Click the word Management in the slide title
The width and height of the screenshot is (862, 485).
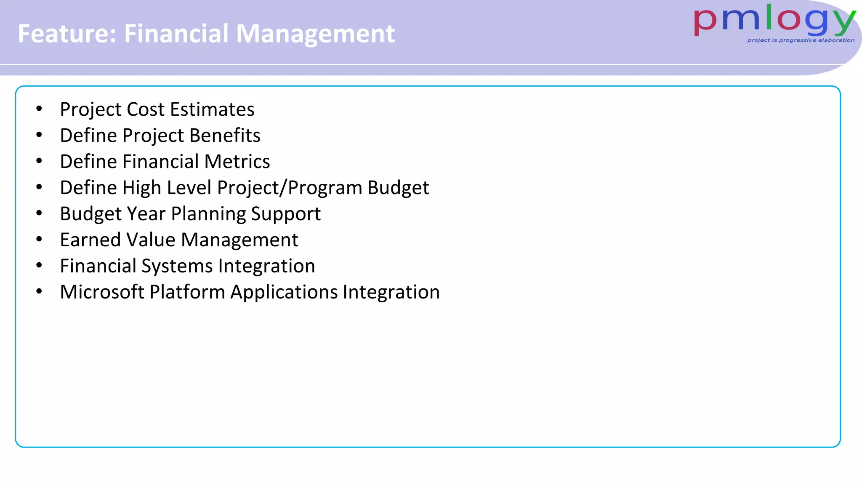(x=315, y=34)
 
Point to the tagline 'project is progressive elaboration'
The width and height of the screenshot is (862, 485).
(x=801, y=40)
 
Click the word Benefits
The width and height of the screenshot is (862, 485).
(x=225, y=136)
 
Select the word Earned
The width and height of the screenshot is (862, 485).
(x=90, y=240)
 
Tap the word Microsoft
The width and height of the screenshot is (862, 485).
(x=102, y=292)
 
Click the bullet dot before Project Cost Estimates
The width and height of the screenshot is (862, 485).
(x=39, y=109)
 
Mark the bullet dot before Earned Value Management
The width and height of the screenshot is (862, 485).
(x=39, y=240)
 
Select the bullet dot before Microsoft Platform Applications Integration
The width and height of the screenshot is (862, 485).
(x=39, y=292)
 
